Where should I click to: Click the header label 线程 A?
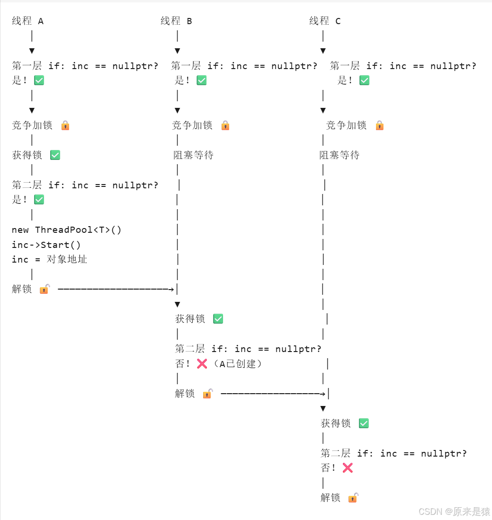[27, 21]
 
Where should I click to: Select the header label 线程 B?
[176, 21]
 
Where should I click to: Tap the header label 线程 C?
[325, 21]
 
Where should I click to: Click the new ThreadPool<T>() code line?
[67, 230]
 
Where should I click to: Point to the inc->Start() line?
[46, 245]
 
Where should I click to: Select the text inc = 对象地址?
[50, 259]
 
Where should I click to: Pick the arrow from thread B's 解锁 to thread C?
[273, 393]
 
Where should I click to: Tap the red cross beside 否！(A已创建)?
[202, 363]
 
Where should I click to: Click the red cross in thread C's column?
[348, 468]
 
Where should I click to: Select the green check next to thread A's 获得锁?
[55, 155]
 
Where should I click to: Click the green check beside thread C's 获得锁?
[364, 423]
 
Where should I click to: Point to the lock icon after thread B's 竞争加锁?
[225, 125]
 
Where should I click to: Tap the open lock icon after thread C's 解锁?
[353, 497]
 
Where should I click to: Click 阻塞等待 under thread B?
[194, 155]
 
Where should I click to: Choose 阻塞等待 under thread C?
[340, 155]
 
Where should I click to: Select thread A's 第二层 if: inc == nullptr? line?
[85, 185]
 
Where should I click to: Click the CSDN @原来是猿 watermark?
[454, 511]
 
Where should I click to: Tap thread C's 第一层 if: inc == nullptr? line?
[403, 66]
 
